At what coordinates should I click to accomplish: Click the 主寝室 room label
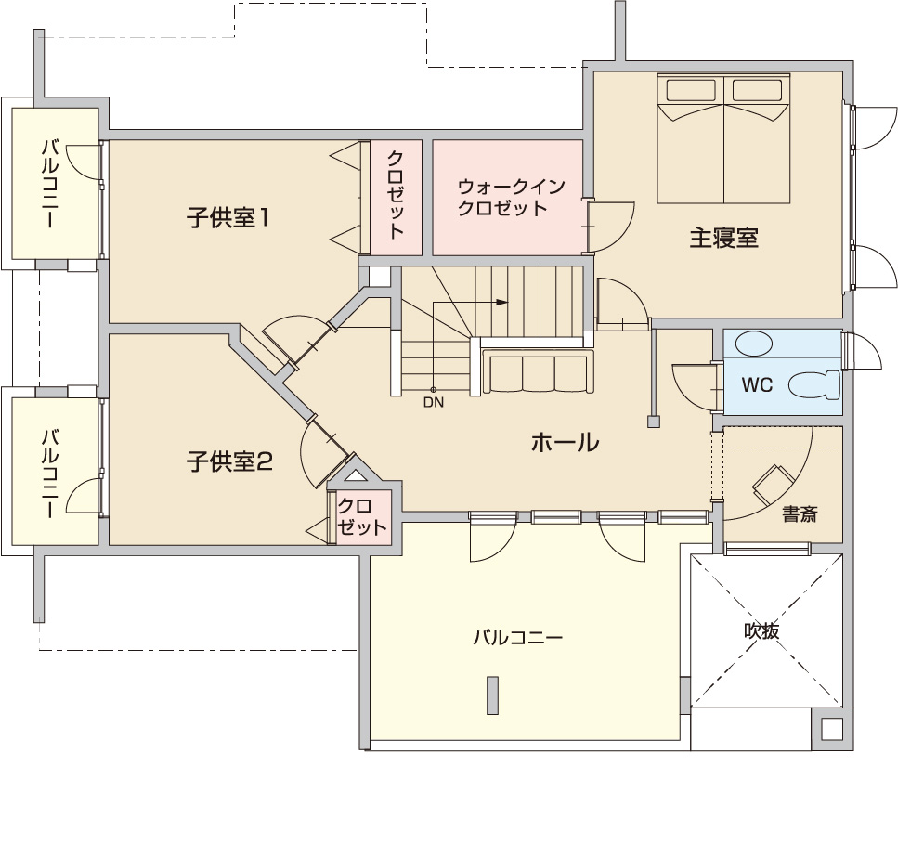click(724, 238)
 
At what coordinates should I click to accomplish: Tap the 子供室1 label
click(228, 218)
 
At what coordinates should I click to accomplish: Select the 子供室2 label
click(229, 462)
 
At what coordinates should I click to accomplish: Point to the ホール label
click(566, 443)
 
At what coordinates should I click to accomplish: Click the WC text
click(757, 384)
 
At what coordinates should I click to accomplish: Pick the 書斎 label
click(800, 514)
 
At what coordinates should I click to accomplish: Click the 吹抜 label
click(761, 630)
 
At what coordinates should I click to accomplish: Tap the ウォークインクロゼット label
click(512, 198)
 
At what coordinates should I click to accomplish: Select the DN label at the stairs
click(434, 402)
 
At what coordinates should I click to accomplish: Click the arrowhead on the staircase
click(501, 302)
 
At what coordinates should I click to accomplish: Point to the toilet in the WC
click(813, 384)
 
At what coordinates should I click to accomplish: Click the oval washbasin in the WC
click(753, 344)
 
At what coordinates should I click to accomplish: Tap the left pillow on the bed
click(691, 90)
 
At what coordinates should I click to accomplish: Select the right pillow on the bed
click(757, 90)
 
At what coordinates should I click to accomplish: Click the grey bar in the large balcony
click(492, 695)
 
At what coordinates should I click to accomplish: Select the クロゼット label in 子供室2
click(361, 516)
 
